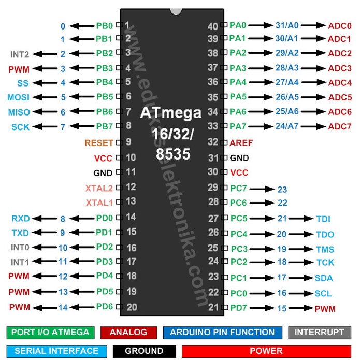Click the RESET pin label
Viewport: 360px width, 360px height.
(99, 143)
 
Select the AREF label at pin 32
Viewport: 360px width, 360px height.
(241, 143)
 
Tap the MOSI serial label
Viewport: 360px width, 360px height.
(18, 97)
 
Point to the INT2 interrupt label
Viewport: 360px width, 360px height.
(20, 54)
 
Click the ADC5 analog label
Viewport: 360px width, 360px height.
(340, 97)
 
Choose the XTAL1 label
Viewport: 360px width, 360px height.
(99, 203)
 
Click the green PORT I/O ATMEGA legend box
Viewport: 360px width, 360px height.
(51, 333)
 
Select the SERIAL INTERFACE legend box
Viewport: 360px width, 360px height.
(56, 351)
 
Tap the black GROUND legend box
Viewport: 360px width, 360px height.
(144, 351)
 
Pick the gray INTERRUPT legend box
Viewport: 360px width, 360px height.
(320, 333)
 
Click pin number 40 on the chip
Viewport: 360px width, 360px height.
(213, 26)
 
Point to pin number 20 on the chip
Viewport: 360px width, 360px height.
(132, 307)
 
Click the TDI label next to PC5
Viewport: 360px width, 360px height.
(323, 219)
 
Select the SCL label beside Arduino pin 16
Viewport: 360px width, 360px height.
(323, 293)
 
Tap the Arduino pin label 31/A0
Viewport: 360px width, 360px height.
(287, 25)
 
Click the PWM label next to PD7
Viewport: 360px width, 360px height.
(325, 309)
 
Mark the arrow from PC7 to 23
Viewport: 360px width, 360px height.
(262, 189)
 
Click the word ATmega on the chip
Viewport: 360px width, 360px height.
(171, 113)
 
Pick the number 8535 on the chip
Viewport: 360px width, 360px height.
(173, 154)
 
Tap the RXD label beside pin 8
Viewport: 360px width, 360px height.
(21, 219)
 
